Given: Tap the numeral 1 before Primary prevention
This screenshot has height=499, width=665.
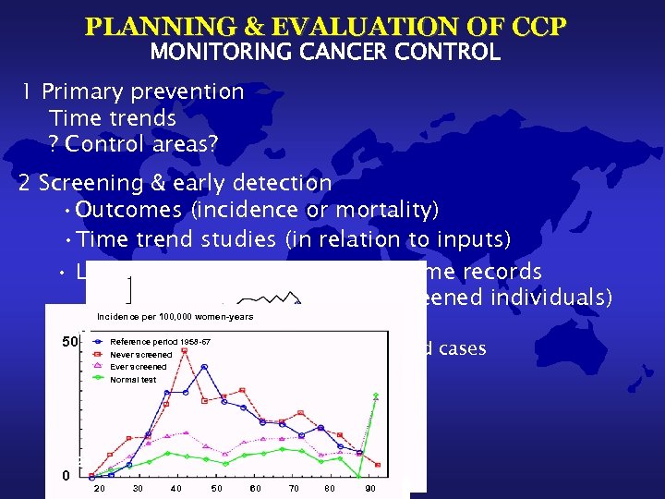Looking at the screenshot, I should (29, 91).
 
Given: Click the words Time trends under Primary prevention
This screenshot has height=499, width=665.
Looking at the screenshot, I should (112, 117).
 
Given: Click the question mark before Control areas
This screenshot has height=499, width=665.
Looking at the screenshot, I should (54, 144).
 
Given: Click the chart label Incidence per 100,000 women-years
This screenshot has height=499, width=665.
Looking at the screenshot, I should (175, 317).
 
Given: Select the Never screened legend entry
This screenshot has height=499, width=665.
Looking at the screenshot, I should (140, 354).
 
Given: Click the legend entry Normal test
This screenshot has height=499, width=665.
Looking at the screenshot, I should (133, 380).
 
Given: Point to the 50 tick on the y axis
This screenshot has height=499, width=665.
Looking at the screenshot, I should (69, 342).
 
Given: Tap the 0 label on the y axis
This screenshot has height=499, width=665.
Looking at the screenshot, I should (66, 475).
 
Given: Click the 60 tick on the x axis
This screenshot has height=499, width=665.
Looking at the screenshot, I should (255, 487).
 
